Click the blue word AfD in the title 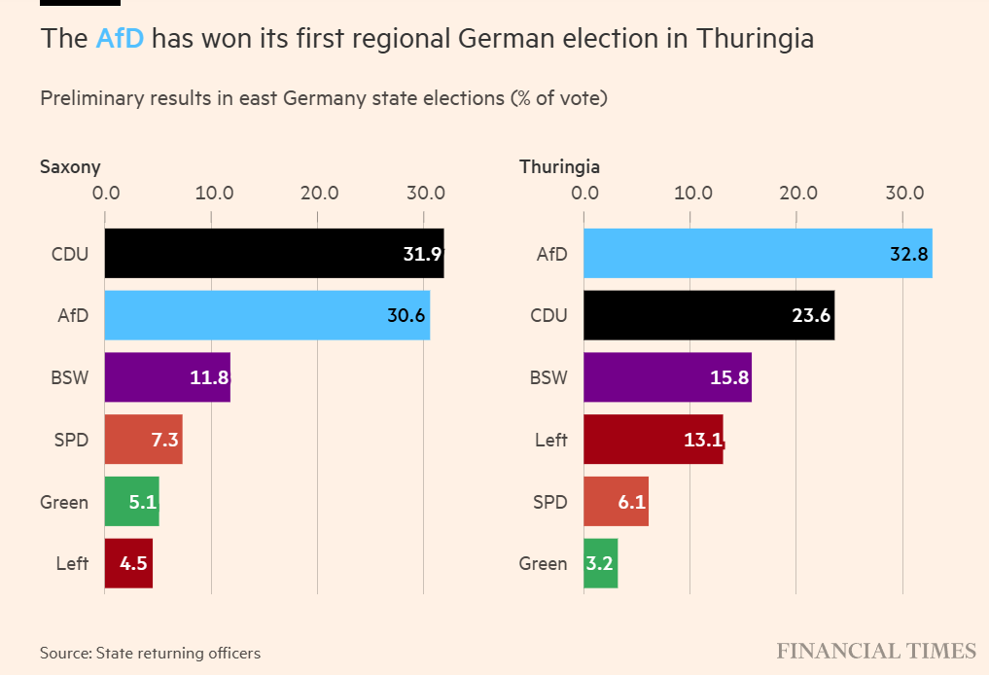120,39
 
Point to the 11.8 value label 209,377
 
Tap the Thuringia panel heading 559,166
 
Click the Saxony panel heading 70,166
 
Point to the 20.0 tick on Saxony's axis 318,193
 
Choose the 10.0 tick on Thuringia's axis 691,193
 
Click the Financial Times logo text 875,651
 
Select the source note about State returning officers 150,653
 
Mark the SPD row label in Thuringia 549,502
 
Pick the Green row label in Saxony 64,502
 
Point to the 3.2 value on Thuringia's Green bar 600,564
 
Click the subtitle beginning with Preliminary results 323,98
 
